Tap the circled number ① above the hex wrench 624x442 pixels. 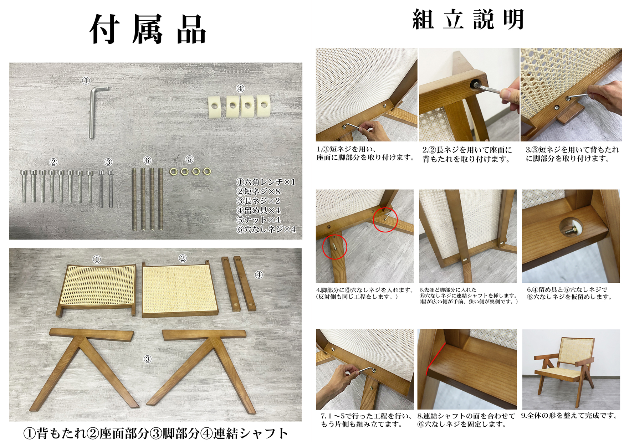tap(86, 81)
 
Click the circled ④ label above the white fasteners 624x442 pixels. tap(240, 88)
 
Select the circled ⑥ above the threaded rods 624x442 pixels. tap(147, 160)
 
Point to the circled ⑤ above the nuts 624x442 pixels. tap(190, 159)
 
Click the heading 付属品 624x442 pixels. tap(148, 30)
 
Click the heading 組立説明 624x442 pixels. tap(469, 19)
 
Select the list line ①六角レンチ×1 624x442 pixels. tap(266, 182)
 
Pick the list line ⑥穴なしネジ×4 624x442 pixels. tap(266, 229)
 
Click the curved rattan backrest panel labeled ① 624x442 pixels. tap(97, 286)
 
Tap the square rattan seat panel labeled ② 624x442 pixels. tap(180, 289)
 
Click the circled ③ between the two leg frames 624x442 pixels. tap(148, 359)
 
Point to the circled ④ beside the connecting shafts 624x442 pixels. tap(259, 275)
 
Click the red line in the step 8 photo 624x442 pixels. tap(435, 359)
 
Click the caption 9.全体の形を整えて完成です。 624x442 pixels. tap(569, 416)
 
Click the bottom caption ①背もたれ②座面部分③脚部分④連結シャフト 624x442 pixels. tap(155, 433)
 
